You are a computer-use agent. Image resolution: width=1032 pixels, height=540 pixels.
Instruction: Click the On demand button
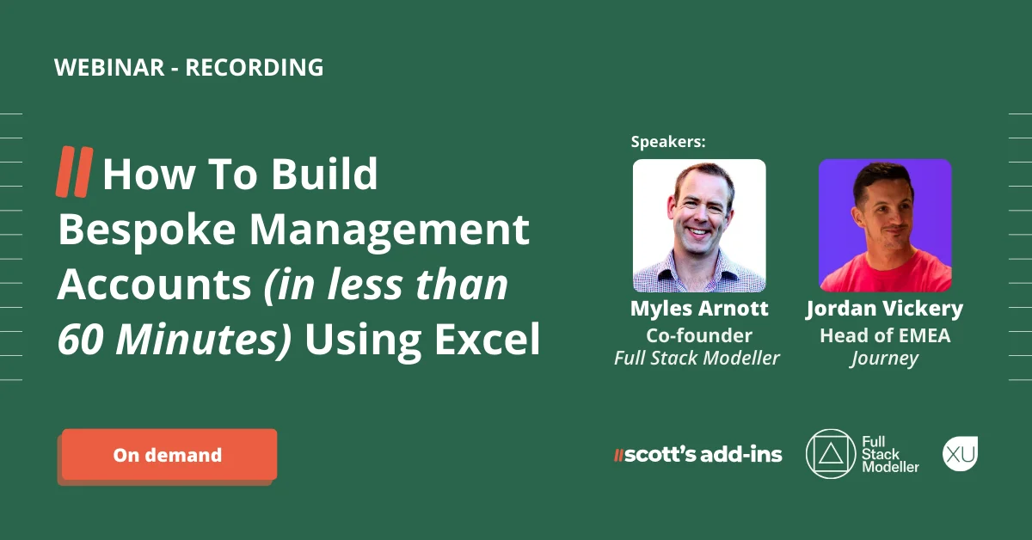point(169,455)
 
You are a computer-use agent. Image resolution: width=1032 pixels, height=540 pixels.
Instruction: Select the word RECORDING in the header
point(255,68)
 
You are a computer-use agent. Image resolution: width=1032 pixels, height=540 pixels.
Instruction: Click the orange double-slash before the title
point(74,171)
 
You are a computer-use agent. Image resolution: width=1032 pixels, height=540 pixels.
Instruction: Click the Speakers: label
point(668,142)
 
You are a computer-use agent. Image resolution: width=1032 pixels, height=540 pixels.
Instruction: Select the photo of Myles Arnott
point(699,225)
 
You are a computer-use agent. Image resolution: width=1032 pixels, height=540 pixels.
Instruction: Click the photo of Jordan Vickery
point(885,225)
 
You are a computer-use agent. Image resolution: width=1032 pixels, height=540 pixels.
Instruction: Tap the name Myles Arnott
point(699,309)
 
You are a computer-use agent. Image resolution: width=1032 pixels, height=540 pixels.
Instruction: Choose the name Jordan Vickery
point(885,309)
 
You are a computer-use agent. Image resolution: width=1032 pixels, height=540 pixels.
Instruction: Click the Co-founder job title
point(699,335)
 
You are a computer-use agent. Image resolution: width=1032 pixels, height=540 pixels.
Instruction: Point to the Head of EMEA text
point(885,335)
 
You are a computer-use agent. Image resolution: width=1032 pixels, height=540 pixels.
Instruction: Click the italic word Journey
point(885,359)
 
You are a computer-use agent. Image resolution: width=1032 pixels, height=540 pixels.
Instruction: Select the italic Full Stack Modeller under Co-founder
point(697,359)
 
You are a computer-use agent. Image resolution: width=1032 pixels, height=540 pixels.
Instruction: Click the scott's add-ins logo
point(697,455)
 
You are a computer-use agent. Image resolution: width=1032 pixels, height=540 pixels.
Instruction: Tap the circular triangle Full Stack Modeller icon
point(830,453)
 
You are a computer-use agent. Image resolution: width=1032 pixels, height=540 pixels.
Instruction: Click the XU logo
point(960,453)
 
